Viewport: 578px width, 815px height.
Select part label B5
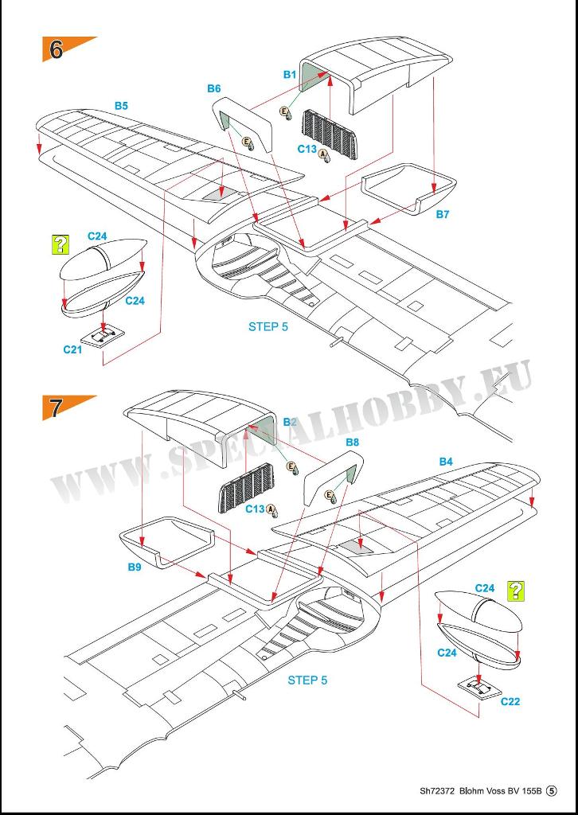pyautogui.click(x=121, y=106)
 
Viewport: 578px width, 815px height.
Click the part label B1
pyautogui.click(x=290, y=75)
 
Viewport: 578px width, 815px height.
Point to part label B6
pyautogui.click(x=213, y=89)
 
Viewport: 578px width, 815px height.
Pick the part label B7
pyautogui.click(x=443, y=214)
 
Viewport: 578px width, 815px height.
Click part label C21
pyautogui.click(x=72, y=350)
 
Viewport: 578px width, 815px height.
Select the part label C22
pyautogui.click(x=510, y=701)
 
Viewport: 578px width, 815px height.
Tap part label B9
pyautogui.click(x=135, y=567)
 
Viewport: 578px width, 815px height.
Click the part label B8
pyautogui.click(x=353, y=443)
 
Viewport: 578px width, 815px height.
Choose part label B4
pyautogui.click(x=446, y=461)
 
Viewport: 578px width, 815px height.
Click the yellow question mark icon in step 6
pyautogui.click(x=61, y=244)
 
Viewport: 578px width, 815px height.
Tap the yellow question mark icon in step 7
pyautogui.click(x=516, y=591)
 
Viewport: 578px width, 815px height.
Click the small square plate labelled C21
pyautogui.click(x=104, y=337)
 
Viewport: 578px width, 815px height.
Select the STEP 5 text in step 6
pyautogui.click(x=268, y=326)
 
